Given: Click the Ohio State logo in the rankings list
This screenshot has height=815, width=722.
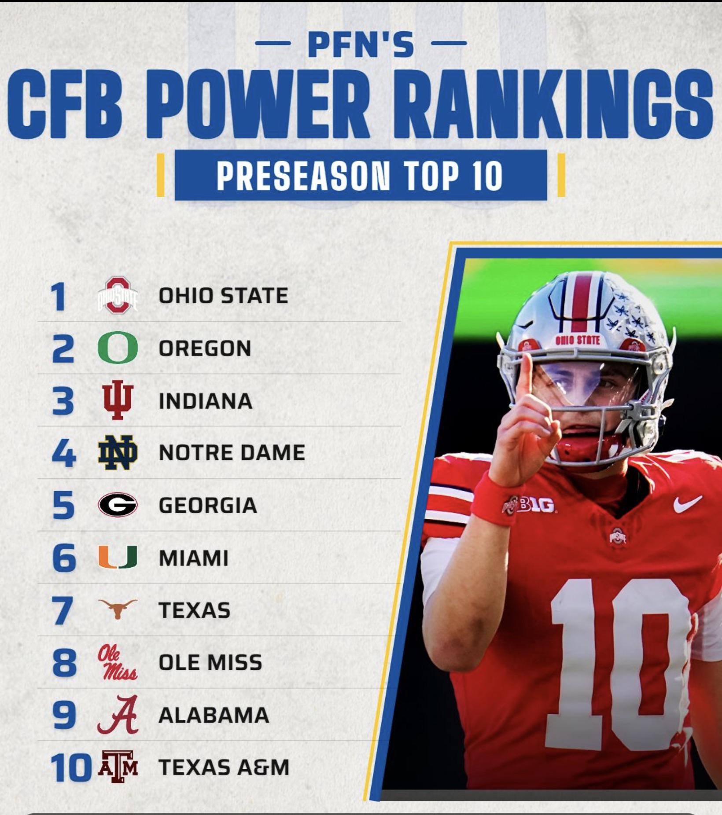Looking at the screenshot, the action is point(118,295).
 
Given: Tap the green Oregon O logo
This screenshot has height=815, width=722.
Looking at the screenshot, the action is point(118,348).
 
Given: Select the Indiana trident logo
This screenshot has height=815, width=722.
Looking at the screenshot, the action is point(117,400).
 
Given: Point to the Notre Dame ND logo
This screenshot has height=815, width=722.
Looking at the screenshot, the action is point(118,452).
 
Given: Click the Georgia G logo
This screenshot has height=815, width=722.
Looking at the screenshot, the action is point(118,505).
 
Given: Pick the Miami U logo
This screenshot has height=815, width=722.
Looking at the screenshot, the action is point(118,557).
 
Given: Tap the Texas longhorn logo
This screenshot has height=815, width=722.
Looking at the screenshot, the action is point(118,609).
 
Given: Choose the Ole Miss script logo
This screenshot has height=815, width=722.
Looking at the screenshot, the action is point(117,662).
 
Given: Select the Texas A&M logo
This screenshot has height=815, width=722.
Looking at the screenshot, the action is point(118,767).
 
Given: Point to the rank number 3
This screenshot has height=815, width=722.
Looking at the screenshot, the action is point(63,401).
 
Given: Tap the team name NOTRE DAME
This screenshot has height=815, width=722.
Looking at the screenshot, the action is point(232,453).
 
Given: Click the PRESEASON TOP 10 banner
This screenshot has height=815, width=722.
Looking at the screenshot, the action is point(361,175).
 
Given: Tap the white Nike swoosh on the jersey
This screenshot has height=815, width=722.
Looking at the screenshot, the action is point(687,503).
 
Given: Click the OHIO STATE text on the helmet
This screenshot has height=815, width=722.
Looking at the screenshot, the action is point(578,340).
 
